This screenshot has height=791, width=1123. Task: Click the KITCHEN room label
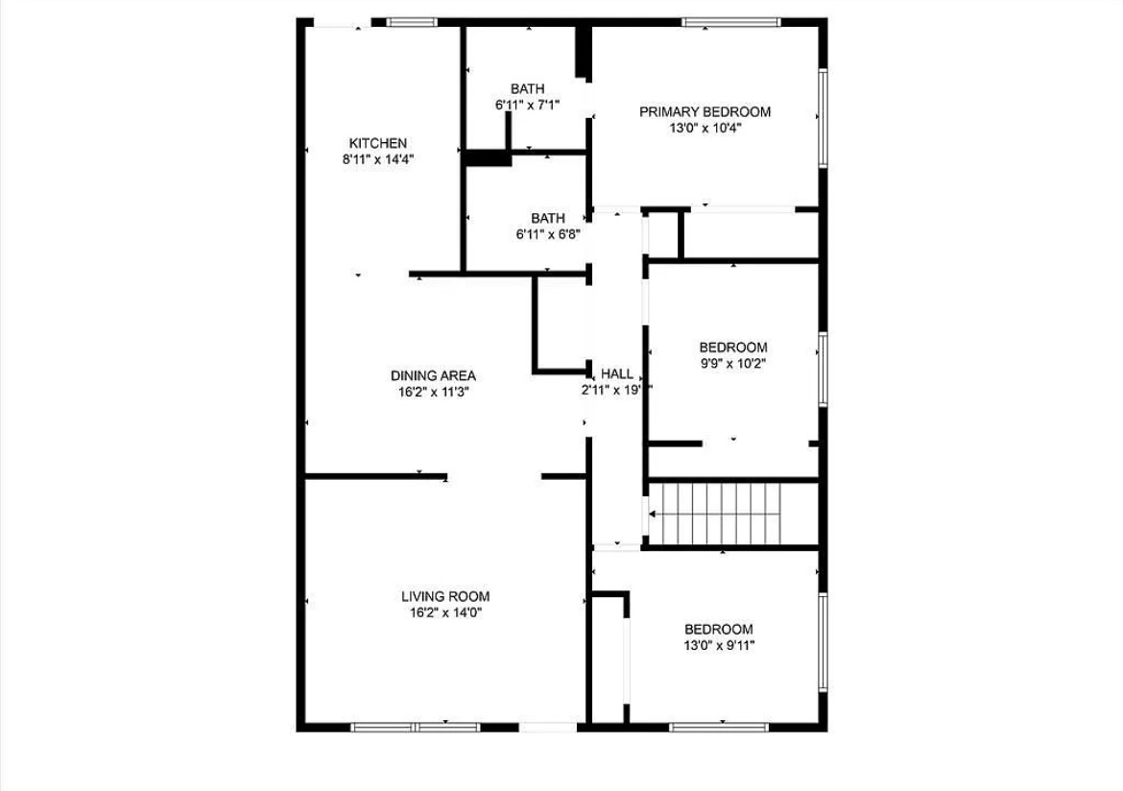(x=377, y=143)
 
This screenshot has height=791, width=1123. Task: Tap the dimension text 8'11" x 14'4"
(x=378, y=159)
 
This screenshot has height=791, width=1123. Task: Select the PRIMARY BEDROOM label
(x=705, y=111)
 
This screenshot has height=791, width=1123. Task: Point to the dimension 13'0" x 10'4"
(x=705, y=129)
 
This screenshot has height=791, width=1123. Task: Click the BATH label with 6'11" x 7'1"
(x=527, y=89)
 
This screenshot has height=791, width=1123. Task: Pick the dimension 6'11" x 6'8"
(x=548, y=234)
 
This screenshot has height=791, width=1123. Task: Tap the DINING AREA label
(x=433, y=375)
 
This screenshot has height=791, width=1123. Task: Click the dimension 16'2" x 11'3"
(x=433, y=392)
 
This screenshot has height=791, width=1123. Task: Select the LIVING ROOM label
(x=445, y=596)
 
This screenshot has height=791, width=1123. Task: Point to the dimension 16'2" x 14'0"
(x=445, y=612)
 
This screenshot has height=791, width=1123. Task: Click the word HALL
(x=616, y=374)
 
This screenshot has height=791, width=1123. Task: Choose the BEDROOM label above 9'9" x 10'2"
(x=733, y=348)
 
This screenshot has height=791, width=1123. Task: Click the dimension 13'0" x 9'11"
(x=719, y=645)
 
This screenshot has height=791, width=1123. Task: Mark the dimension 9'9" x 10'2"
(x=733, y=363)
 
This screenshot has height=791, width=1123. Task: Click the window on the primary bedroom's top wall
(x=730, y=22)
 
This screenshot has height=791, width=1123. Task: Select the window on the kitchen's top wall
(x=412, y=22)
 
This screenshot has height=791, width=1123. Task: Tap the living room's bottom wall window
(x=416, y=728)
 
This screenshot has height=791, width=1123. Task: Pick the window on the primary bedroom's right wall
(x=823, y=117)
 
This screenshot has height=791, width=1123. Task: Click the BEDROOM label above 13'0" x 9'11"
(x=719, y=629)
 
